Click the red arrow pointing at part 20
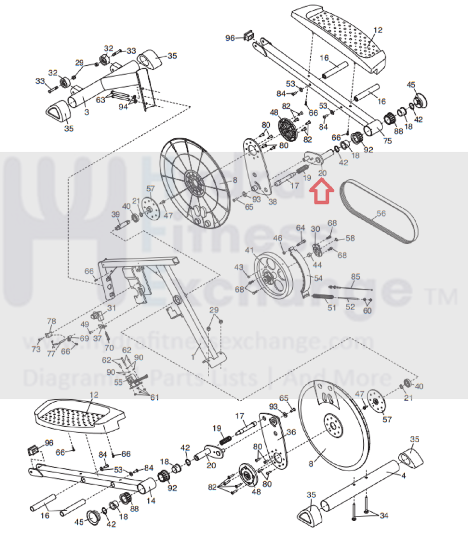[x=321, y=191]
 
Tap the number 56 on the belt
[x=381, y=214]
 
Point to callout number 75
[x=387, y=140]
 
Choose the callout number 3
[x=86, y=112]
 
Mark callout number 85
[x=355, y=277]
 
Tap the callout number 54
[x=318, y=278]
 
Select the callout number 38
[x=272, y=202]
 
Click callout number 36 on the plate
[x=291, y=432]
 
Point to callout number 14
[x=151, y=501]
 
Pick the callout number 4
[x=403, y=476]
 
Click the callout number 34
[x=384, y=516]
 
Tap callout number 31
[x=112, y=308]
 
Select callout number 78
[x=52, y=321]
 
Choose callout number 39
[x=116, y=214]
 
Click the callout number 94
[x=123, y=107]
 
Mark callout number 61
[x=155, y=397]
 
